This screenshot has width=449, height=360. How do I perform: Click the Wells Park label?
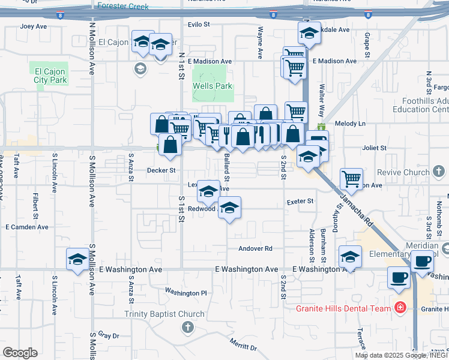(212, 86)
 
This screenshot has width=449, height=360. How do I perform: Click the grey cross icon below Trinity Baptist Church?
(187, 327)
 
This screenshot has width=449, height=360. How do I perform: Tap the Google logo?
(20, 353)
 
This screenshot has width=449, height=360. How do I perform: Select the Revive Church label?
(409, 173)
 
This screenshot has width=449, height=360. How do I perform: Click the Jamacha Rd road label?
(357, 209)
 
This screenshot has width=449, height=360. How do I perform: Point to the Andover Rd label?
(255, 248)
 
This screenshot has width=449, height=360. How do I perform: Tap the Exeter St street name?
(300, 201)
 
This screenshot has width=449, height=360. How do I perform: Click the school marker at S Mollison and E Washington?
(77, 259)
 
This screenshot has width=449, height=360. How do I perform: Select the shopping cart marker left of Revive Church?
(351, 178)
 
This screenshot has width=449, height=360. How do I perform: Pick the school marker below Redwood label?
(229, 208)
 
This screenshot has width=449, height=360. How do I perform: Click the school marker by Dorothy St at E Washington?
(350, 257)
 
